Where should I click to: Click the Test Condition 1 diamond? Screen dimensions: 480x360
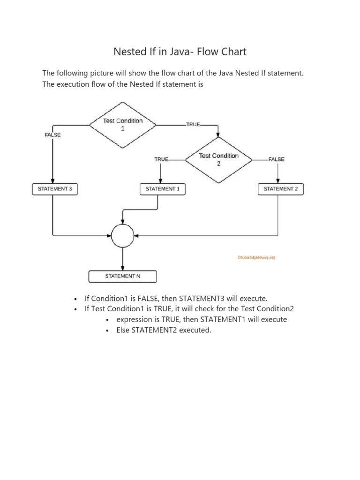coord(123,125)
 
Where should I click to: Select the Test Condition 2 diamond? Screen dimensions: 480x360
coord(218,159)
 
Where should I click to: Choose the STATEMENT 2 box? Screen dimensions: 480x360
coord(281,189)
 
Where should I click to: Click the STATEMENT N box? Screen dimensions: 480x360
coord(122,277)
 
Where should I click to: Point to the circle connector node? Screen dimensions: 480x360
coord(123,236)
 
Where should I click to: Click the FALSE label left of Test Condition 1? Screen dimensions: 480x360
coord(52,135)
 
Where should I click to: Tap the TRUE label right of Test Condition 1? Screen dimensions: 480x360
coord(193,125)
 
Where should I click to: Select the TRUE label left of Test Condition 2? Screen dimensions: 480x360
coord(161,159)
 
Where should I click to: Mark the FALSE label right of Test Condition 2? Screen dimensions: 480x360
coord(277,159)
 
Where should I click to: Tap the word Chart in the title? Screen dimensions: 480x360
coord(233,52)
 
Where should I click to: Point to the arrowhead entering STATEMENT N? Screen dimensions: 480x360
coord(123,268)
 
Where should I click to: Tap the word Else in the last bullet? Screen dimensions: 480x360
coord(124,330)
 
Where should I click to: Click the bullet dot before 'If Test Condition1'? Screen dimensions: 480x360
coord(75,309)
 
